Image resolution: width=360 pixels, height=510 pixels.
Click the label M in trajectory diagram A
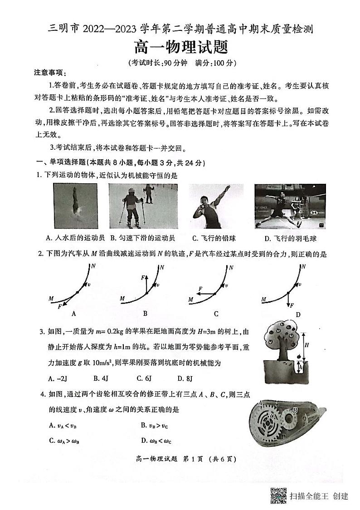pyautogui.click(x=51, y=298)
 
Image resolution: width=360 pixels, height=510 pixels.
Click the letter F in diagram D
pyautogui.click(x=292, y=305)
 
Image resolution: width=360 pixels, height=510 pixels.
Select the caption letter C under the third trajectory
pyautogui.click(x=216, y=314)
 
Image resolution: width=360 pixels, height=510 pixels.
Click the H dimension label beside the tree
pyautogui.click(x=307, y=345)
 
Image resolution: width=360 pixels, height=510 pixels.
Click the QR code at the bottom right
pyautogui.click(x=278, y=495)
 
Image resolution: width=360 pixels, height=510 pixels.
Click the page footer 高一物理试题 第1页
pyautogui.click(x=180, y=459)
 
